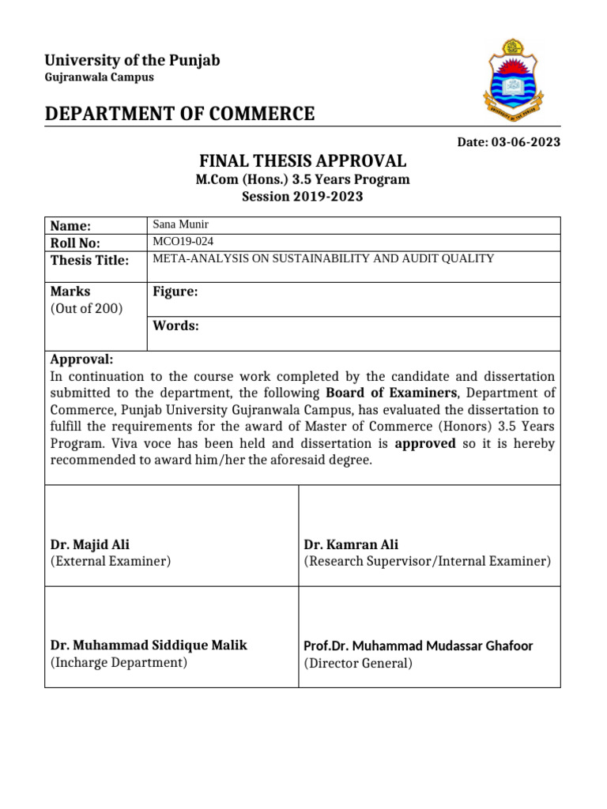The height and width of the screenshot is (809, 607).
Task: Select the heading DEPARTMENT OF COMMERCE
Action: click(179, 114)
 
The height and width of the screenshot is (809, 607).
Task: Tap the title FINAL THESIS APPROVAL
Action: click(303, 161)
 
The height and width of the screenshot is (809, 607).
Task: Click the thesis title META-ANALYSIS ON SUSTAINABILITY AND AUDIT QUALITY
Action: click(323, 258)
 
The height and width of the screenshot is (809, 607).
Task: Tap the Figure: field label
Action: click(175, 292)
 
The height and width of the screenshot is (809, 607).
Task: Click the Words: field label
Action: click(175, 325)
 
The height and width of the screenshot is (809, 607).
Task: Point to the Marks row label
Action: click(70, 292)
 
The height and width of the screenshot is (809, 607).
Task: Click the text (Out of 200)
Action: click(87, 308)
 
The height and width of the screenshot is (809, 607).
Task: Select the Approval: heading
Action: click(81, 359)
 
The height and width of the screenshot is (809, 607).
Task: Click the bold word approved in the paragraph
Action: click(425, 443)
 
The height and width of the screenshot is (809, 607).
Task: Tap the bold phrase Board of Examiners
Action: click(391, 393)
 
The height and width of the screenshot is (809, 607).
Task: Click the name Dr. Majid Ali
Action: click(90, 544)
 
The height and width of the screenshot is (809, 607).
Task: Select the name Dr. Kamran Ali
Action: click(351, 544)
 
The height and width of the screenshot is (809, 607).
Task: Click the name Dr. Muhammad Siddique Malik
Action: click(149, 645)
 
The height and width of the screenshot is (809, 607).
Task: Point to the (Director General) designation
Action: click(358, 663)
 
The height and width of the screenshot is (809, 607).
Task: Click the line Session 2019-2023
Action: click(303, 196)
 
